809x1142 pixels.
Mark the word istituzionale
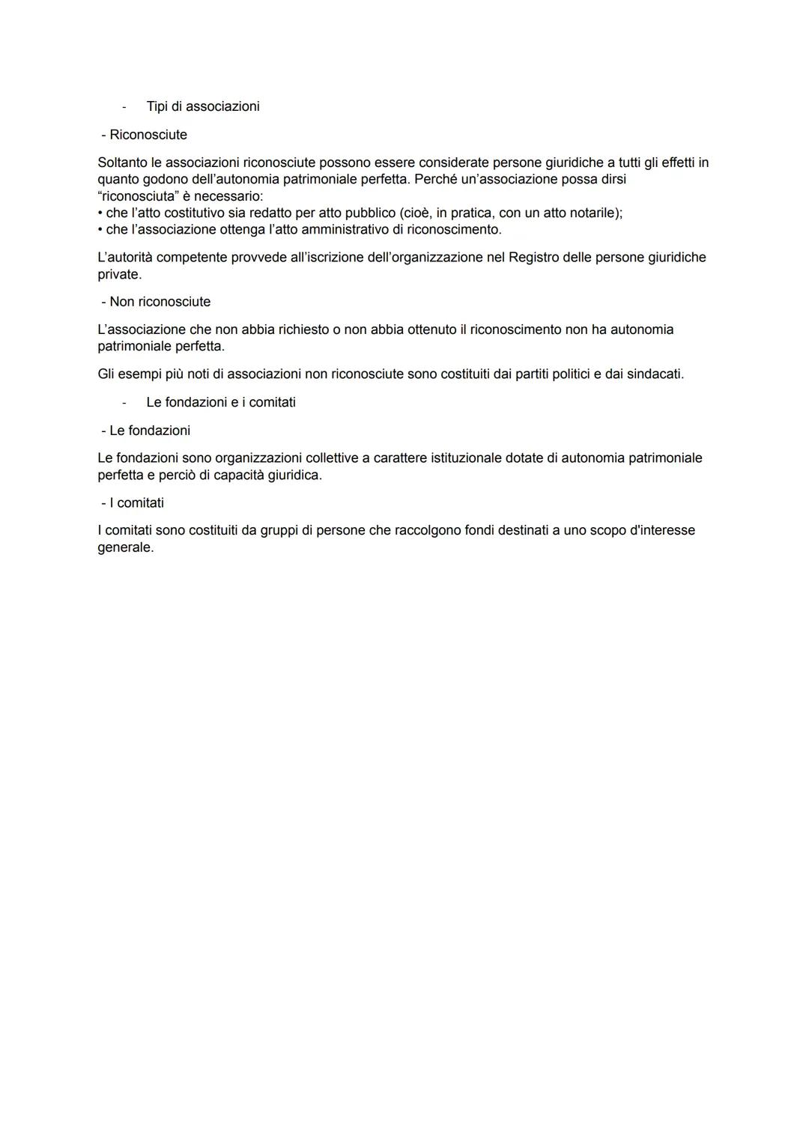pyautogui.click(x=466, y=458)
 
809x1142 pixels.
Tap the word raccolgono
pyautogui.click(x=363, y=530)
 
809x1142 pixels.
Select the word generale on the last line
pyautogui.click(x=125, y=547)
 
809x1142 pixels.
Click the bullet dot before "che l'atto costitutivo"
pyautogui.click(x=100, y=213)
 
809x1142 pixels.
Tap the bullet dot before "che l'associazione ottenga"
pyautogui.click(x=100, y=230)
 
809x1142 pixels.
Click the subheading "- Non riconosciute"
pyautogui.click(x=156, y=302)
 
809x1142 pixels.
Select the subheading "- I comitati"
pyautogui.click(x=133, y=502)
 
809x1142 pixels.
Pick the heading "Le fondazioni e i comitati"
pyautogui.click(x=221, y=402)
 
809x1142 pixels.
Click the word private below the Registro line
pyautogui.click(x=119, y=275)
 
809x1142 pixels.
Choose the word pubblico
pyautogui.click(x=370, y=213)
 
